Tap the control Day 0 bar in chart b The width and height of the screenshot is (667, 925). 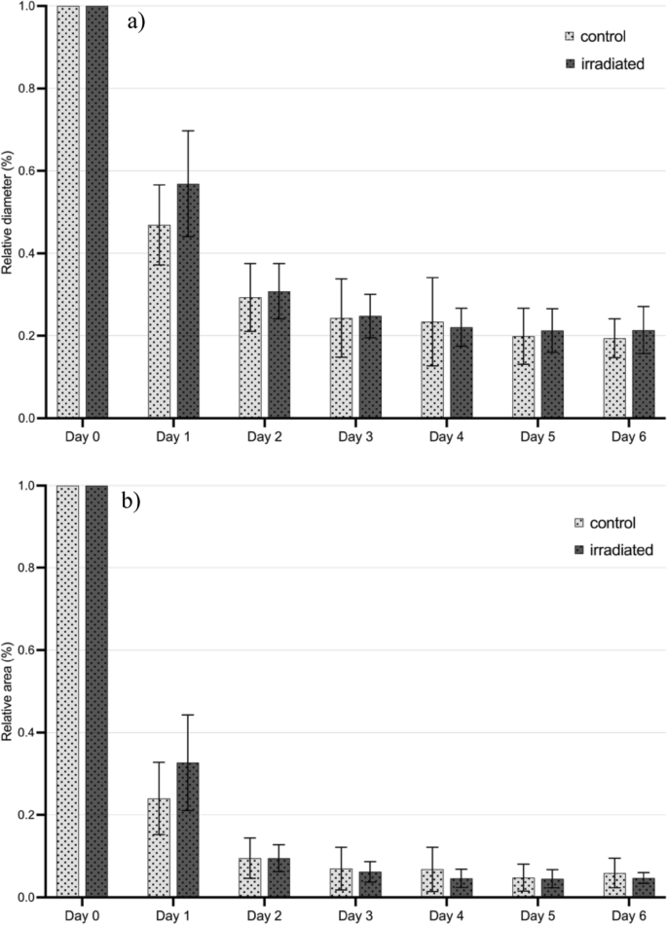tap(68, 691)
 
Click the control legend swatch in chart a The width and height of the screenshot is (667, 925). tap(571, 37)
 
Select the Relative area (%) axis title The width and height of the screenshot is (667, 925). tap(9, 691)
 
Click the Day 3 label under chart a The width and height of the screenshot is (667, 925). tap(355, 433)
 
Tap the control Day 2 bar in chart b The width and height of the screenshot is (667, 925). tap(250, 877)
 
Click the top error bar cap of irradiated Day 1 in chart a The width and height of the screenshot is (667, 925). tap(188, 130)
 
